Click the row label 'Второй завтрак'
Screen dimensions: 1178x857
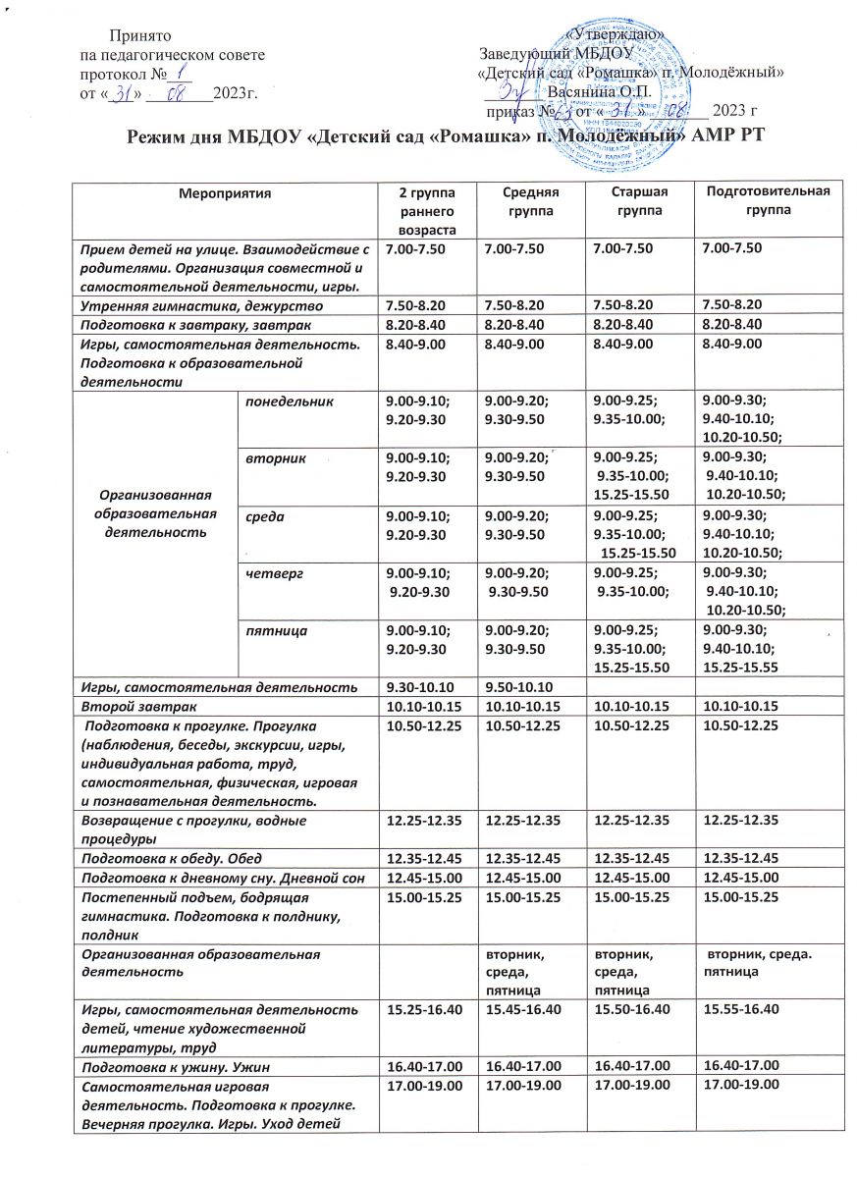click(128, 704)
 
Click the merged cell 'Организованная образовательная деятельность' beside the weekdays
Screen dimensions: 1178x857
click(153, 514)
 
